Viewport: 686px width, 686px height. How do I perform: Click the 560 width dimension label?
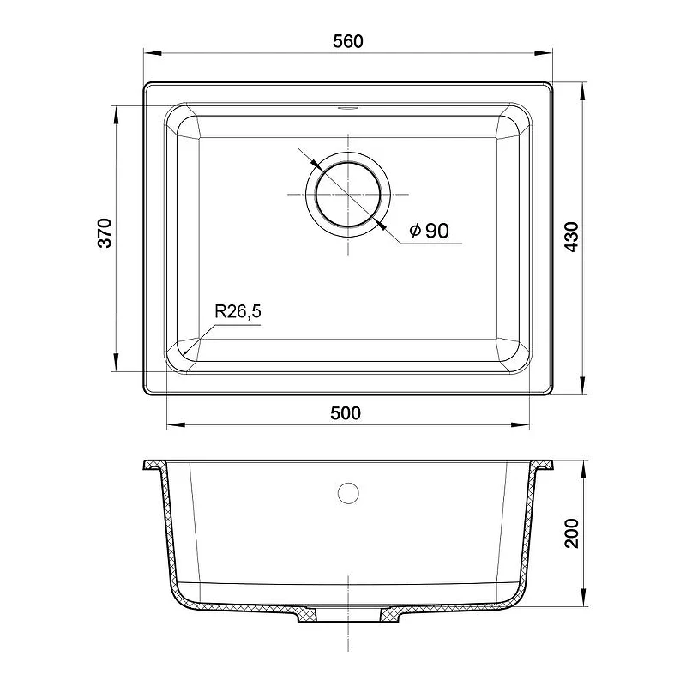pos(348,41)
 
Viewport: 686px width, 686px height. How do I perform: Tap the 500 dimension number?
pos(346,413)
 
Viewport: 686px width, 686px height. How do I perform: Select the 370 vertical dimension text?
pos(105,232)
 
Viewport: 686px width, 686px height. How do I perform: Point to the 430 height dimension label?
pos(571,237)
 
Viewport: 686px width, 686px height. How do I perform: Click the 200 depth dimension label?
pos(571,533)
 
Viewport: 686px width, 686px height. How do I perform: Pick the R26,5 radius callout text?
pos(238,311)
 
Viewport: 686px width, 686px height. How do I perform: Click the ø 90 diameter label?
pos(430,230)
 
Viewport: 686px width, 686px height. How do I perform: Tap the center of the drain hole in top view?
pos(348,195)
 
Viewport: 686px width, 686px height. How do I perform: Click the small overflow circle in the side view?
pos(348,493)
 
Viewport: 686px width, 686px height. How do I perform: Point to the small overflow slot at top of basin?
pos(348,108)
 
